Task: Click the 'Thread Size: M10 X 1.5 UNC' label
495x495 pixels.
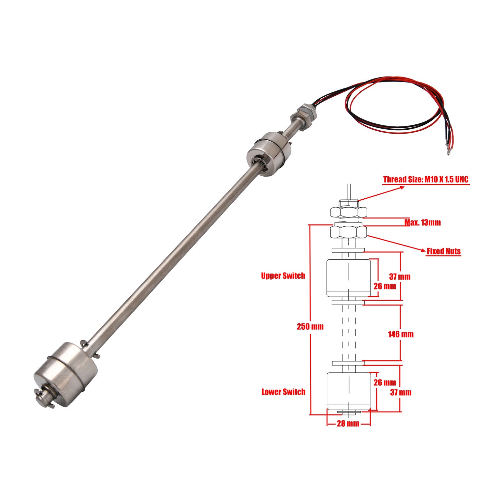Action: (426, 180)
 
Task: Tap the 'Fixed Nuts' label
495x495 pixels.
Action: (444, 251)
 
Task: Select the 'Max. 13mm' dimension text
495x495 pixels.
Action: (422, 222)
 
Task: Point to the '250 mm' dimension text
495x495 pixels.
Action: (310, 327)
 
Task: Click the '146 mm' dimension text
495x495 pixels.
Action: (401, 334)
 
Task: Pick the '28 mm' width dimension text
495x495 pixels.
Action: (348, 423)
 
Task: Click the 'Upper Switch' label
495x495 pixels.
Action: (283, 276)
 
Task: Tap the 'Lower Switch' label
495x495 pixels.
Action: (283, 392)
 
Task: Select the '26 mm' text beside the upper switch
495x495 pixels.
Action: (385, 286)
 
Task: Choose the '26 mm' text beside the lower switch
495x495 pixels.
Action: (385, 382)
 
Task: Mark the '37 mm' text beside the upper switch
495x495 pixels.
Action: (400, 277)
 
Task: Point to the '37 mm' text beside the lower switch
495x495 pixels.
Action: (401, 392)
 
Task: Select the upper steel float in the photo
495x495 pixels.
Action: (269, 153)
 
